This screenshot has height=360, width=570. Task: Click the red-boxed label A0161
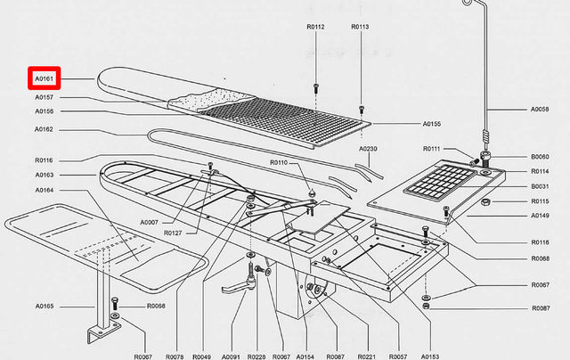click(x=44, y=79)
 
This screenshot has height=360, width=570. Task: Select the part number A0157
click(x=45, y=96)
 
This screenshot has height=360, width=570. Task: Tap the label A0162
click(x=45, y=129)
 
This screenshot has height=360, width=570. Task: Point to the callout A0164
click(x=45, y=190)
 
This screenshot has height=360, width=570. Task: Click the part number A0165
click(x=45, y=307)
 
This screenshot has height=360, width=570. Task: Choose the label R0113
click(x=360, y=28)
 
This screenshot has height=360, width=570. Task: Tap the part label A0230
click(x=369, y=149)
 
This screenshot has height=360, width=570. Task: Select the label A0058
click(x=540, y=110)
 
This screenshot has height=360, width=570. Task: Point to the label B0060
click(x=540, y=156)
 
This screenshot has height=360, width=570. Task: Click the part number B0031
click(x=540, y=186)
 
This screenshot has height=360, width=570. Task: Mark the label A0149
click(x=540, y=215)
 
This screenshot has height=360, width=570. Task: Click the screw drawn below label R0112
click(x=316, y=87)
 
